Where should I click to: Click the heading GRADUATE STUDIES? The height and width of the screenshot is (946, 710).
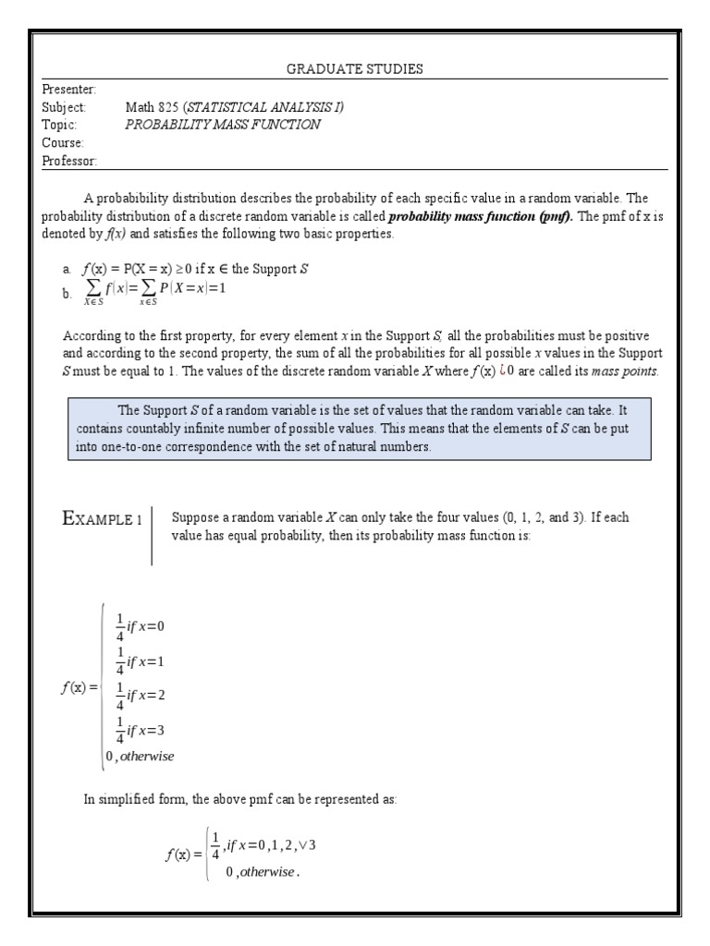pyautogui.click(x=354, y=69)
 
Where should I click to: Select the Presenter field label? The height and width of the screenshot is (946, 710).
pyautogui.click(x=69, y=89)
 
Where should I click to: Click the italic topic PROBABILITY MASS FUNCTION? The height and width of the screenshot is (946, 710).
pyautogui.click(x=223, y=125)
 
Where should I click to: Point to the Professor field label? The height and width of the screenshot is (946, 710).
pyautogui.click(x=70, y=161)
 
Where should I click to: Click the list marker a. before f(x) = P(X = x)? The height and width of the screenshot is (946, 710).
pyautogui.click(x=67, y=270)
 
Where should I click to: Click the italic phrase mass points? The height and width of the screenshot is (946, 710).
pyautogui.click(x=628, y=370)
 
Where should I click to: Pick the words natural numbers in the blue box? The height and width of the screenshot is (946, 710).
pyautogui.click(x=387, y=446)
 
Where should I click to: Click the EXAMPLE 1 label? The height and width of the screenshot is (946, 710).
pyautogui.click(x=102, y=519)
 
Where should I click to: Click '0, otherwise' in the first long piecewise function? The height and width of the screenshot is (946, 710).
pyautogui.click(x=140, y=756)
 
